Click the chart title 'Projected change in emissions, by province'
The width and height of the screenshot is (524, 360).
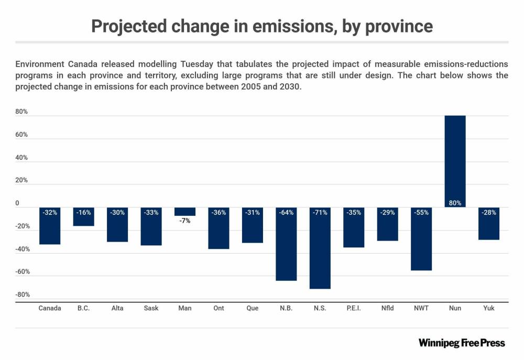tap(262, 26)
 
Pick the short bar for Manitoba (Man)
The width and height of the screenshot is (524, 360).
tap(184, 211)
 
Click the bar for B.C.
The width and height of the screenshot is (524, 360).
tap(83, 217)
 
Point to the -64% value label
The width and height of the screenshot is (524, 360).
tap(286, 213)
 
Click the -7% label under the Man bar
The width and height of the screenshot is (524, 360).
tap(184, 221)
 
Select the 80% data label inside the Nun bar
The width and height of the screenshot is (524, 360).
tap(455, 203)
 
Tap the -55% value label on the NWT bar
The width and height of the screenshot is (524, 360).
tap(421, 213)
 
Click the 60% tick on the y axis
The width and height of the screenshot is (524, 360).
tap(21, 135)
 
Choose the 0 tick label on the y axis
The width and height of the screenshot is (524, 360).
tap(17, 203)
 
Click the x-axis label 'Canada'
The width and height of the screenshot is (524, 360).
tap(50, 308)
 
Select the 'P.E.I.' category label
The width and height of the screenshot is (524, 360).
tap(354, 308)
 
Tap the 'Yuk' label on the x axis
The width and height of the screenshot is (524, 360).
tap(488, 308)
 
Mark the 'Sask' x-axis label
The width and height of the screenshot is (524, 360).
tap(151, 308)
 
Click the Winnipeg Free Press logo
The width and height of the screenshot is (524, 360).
tap(462, 343)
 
